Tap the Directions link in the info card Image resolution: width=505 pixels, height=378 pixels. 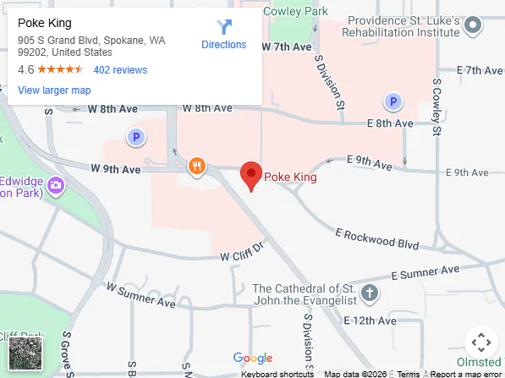coord(223,36)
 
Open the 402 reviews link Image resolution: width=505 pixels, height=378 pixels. coord(120,70)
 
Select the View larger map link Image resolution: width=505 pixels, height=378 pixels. coord(54,90)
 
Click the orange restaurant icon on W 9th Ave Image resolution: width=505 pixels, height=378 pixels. coord(197,166)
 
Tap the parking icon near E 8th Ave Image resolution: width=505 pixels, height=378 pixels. coord(392,101)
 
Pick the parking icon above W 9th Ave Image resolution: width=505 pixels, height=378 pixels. coord(134,136)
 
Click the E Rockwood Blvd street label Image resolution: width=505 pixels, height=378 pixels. coord(376,238)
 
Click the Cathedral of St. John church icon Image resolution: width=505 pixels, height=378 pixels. coord(369,293)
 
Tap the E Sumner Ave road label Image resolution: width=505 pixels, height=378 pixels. coord(425,272)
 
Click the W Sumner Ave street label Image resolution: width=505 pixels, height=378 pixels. coord(140,296)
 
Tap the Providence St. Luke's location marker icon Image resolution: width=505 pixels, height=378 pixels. coord(475,27)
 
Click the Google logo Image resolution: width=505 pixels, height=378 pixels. coord(253,359)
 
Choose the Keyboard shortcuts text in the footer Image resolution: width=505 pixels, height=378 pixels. coord(277,374)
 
